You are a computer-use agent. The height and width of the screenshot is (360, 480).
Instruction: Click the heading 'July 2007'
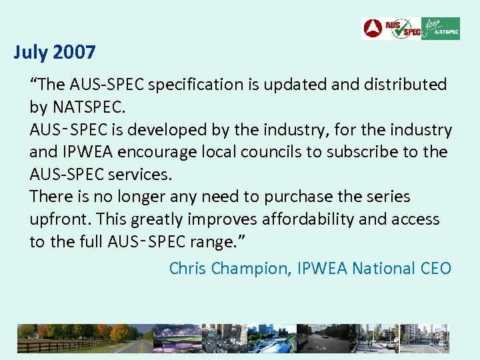55,52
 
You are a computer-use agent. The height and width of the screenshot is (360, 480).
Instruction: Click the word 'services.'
139,175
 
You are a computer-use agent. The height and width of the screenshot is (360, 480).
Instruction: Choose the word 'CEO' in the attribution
436,269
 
